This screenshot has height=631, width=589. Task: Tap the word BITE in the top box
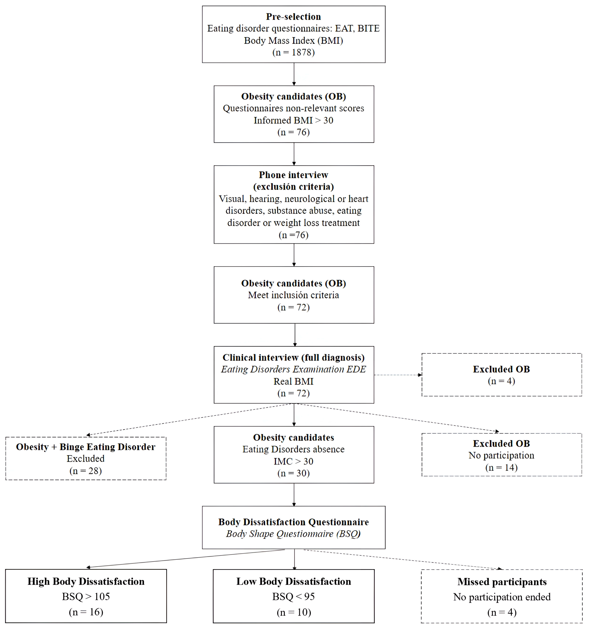click(x=368, y=29)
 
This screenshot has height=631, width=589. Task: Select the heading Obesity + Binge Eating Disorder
click(x=86, y=447)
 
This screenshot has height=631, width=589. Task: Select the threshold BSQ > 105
click(x=86, y=597)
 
